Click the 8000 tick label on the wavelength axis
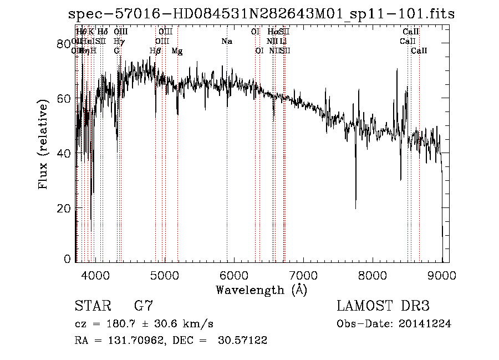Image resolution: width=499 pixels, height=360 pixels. click(x=373, y=275)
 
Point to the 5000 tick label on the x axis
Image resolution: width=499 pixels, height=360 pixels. click(x=164, y=275)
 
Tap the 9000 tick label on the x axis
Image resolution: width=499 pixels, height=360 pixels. click(x=442, y=275)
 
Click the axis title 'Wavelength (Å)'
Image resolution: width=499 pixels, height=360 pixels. click(x=261, y=290)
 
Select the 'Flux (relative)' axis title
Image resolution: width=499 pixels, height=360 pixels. click(x=44, y=144)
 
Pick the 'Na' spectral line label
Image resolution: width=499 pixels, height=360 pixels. click(x=226, y=42)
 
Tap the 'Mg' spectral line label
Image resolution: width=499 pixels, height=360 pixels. click(x=177, y=51)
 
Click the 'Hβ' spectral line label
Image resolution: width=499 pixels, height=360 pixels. click(x=156, y=51)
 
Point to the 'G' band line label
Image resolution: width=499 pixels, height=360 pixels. click(x=116, y=51)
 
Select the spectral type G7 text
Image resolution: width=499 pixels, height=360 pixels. click(x=144, y=306)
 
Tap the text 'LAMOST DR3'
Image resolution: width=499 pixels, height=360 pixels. click(x=383, y=306)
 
